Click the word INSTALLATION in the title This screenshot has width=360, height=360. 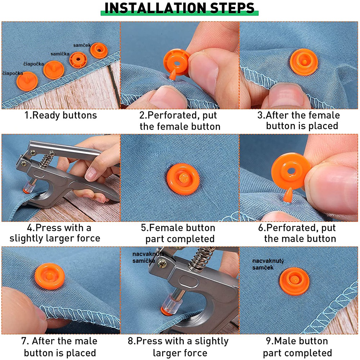pos(156,8)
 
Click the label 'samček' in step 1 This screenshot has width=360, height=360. pos(82,45)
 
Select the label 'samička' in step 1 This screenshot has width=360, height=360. pos(60,54)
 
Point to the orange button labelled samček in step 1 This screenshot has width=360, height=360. pos(99,50)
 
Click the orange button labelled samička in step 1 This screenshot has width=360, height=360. pos(78,60)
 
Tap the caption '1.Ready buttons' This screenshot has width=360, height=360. pos(60,115)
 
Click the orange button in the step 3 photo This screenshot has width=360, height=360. pos(303,62)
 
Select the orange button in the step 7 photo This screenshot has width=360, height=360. pos(50,276)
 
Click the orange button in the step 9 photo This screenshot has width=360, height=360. pos(294,281)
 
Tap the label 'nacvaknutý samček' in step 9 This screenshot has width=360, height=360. pos(268,264)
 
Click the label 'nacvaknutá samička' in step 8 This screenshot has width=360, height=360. pos(148,257)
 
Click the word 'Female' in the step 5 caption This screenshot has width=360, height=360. pos(165,228)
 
